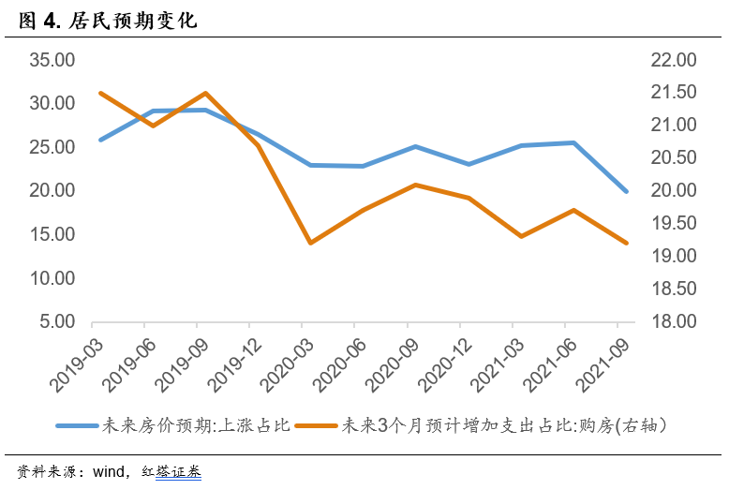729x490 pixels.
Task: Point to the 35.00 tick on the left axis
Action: click(x=52, y=60)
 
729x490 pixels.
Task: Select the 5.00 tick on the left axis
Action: click(x=57, y=321)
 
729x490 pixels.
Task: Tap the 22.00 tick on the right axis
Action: click(x=673, y=60)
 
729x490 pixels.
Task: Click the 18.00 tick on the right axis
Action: click(x=673, y=321)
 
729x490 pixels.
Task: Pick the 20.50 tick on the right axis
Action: click(x=673, y=157)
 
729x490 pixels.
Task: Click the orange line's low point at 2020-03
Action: click(x=310, y=243)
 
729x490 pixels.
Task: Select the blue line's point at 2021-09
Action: click(x=626, y=191)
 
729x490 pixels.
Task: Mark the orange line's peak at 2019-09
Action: click(x=205, y=93)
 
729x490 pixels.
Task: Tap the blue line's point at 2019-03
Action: click(x=100, y=140)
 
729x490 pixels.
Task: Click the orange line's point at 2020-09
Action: click(x=415, y=185)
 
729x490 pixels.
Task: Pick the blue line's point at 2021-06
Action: click(x=573, y=142)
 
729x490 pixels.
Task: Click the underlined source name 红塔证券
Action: click(x=178, y=471)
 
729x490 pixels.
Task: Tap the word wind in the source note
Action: click(x=112, y=471)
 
